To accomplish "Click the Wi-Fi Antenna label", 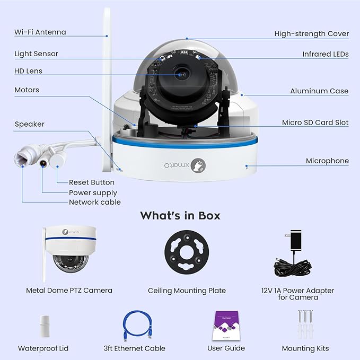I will [x=40, y=32].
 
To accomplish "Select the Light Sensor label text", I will [x=36, y=54].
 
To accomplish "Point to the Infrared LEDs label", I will [x=325, y=54].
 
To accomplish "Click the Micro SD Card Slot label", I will [x=315, y=122].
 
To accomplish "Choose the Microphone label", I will [x=327, y=161].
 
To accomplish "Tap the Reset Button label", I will [x=91, y=182].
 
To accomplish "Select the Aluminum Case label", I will [x=319, y=91].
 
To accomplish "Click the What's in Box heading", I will [x=180, y=215].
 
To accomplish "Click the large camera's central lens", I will [x=181, y=76].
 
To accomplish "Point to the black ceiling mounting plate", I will [x=187, y=256].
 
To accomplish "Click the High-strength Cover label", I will [x=311, y=34].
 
